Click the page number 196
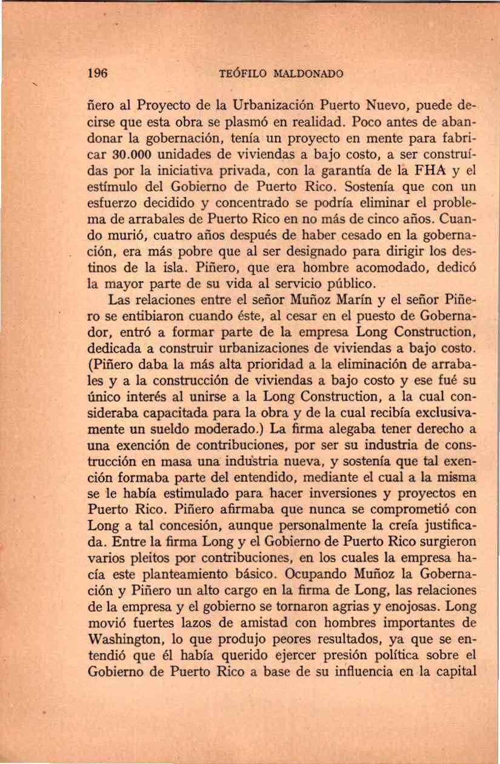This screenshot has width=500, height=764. pyautogui.click(x=97, y=74)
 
